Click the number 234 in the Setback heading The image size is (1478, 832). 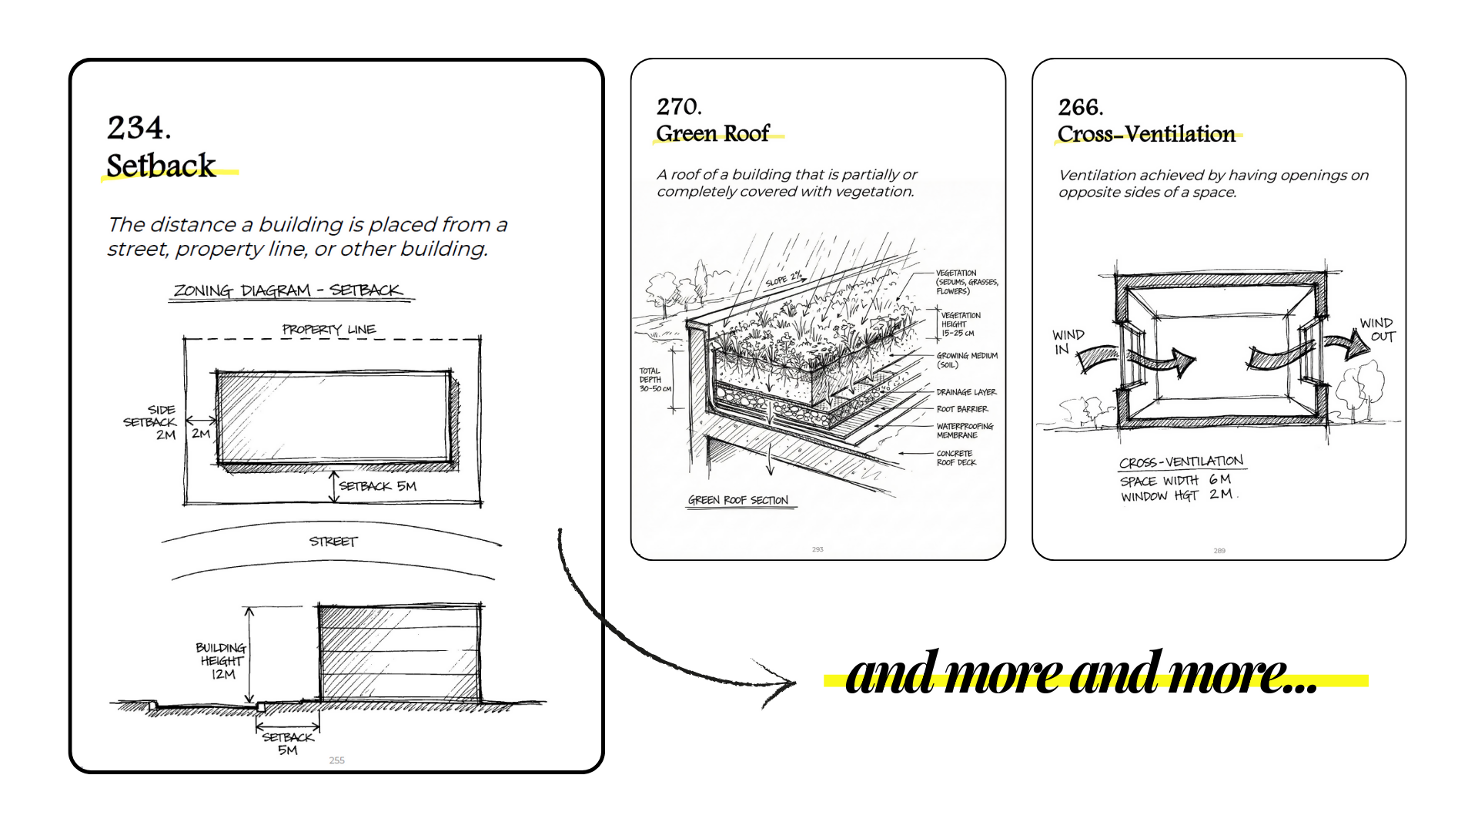138,128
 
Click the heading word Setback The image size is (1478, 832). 161,166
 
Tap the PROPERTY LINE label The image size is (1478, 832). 329,330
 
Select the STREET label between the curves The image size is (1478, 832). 333,542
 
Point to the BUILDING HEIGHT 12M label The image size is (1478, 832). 221,661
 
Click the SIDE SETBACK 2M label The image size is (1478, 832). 152,422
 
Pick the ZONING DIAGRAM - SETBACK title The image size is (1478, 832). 288,290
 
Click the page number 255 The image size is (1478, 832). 337,760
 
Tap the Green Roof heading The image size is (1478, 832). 713,134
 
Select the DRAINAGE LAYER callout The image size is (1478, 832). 966,392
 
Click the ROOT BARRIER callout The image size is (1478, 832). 962,409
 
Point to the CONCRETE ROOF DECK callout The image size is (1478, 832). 956,458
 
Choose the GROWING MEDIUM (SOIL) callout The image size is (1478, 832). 966,360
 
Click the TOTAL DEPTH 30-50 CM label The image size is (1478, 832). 654,380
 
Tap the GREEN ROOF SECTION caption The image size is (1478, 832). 738,500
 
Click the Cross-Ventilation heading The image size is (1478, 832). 1146,134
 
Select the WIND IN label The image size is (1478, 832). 1067,341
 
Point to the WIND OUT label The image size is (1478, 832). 1378,330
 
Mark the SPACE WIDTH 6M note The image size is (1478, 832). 1175,480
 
